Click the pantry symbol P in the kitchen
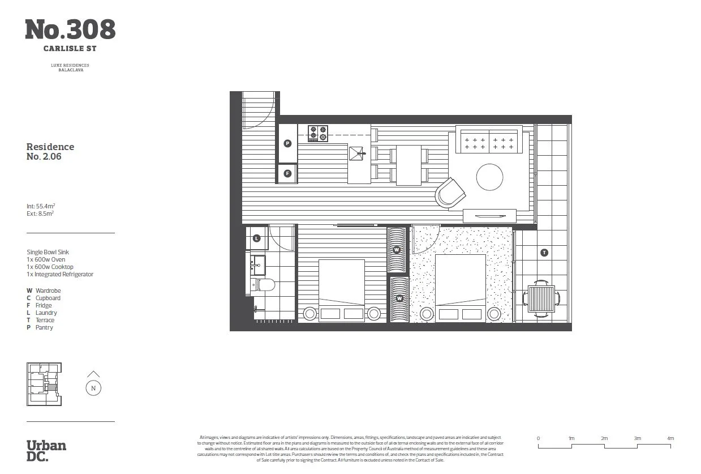point(287,144)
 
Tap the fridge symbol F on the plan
point(287,173)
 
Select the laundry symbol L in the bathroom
point(256,238)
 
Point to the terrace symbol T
point(544,253)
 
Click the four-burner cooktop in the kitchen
point(318,133)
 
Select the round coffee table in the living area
point(489,177)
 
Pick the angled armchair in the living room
point(450,193)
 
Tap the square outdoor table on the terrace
point(541,298)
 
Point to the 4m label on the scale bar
point(670,438)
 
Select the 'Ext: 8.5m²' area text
point(40,214)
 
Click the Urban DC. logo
point(46,451)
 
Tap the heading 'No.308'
point(70,29)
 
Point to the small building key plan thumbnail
point(44,384)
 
